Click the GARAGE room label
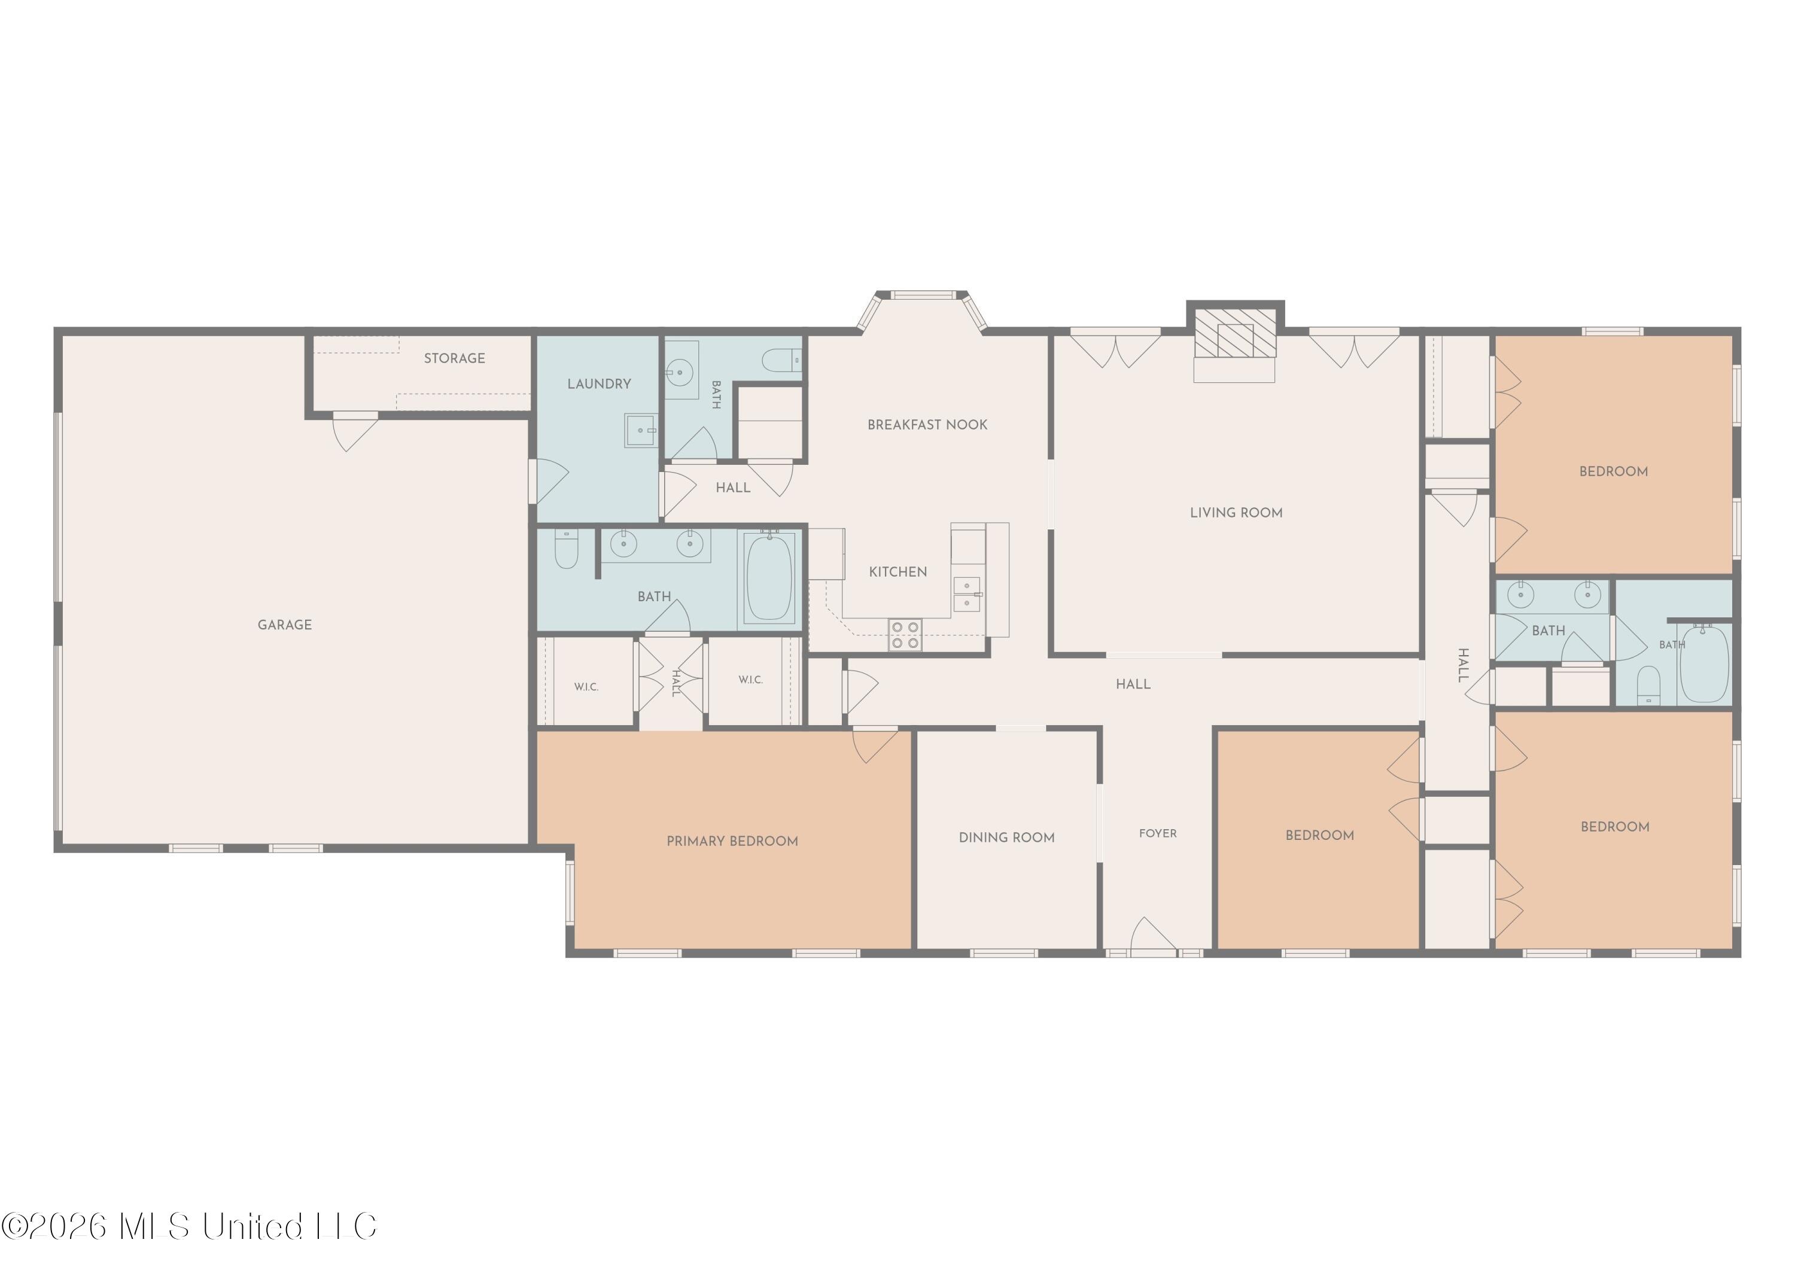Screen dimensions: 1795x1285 point(284,625)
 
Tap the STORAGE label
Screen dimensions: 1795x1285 point(454,358)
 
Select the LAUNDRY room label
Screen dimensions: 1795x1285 point(599,383)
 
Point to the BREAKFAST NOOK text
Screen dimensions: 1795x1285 point(927,425)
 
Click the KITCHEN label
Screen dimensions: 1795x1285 point(898,572)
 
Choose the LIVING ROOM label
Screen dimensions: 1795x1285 point(1236,513)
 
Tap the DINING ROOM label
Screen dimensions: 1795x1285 point(1007,837)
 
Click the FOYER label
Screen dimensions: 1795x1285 point(1158,833)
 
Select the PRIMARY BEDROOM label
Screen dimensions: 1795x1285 point(732,841)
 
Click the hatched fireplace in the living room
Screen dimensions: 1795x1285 point(1234,333)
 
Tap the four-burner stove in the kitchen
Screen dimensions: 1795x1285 point(905,635)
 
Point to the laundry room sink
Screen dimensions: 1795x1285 point(640,431)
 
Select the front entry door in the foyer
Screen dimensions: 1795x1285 point(1154,935)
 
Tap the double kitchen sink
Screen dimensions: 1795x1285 point(967,594)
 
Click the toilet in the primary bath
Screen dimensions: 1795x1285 point(567,549)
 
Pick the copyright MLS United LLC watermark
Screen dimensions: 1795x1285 point(188,1226)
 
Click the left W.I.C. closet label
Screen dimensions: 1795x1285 point(586,687)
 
